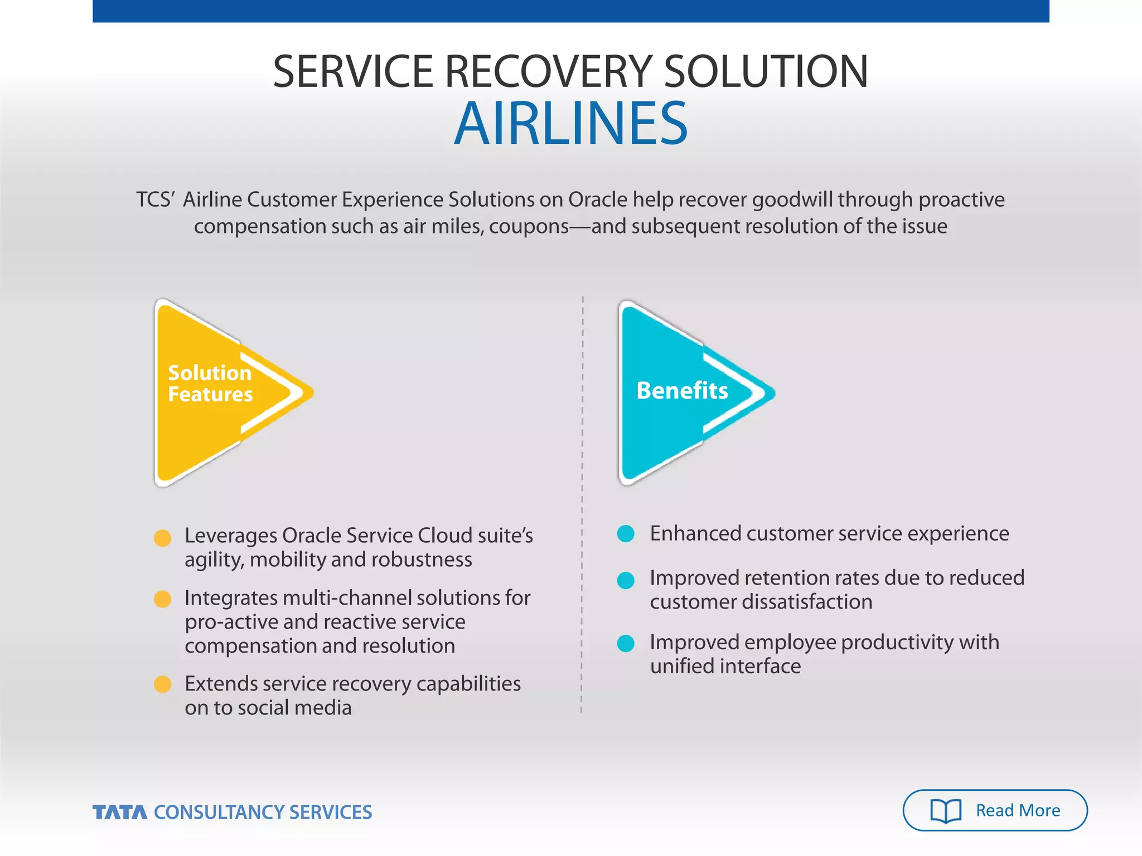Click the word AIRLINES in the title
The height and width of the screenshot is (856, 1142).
click(x=571, y=124)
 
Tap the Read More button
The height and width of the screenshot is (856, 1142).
click(x=995, y=810)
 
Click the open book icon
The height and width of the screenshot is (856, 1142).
click(x=946, y=810)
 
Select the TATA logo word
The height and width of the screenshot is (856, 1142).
click(x=120, y=812)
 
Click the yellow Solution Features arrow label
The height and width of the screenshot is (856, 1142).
click(x=210, y=383)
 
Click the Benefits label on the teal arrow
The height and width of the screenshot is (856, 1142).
click(x=682, y=390)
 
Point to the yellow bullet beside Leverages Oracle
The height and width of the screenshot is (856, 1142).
click(x=162, y=538)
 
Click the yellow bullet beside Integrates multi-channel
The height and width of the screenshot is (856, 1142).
click(x=162, y=599)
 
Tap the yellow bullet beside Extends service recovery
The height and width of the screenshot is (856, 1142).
click(x=162, y=684)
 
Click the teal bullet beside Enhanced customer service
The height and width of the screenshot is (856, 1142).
click(x=626, y=534)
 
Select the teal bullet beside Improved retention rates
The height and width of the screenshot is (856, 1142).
click(x=626, y=580)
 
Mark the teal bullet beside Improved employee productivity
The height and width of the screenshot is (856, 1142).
click(x=626, y=644)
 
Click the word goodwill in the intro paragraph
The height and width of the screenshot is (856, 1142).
click(x=792, y=200)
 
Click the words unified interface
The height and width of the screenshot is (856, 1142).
click(x=725, y=667)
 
